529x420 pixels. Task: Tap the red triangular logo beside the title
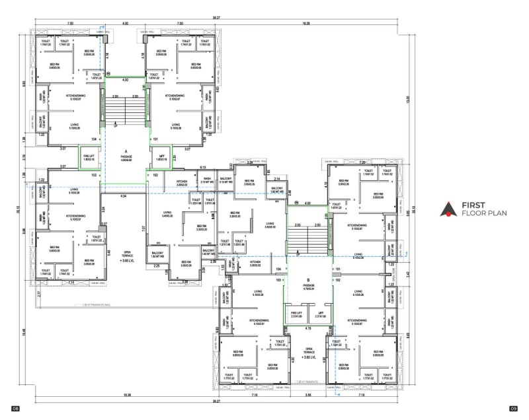(449, 209)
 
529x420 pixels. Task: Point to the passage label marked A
(126, 153)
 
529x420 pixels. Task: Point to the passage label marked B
(308, 281)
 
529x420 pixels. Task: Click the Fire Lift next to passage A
(89, 158)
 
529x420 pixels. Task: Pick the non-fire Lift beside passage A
(159, 158)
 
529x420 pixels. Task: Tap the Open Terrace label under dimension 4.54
(129, 255)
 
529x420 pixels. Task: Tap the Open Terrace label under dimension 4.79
(308, 352)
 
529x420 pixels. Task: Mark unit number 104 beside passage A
(95, 140)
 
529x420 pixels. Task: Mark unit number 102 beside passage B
(337, 280)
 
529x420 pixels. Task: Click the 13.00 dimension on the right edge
(408, 99)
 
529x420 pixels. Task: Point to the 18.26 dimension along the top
(305, 24)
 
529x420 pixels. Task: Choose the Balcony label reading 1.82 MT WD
(277, 190)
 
